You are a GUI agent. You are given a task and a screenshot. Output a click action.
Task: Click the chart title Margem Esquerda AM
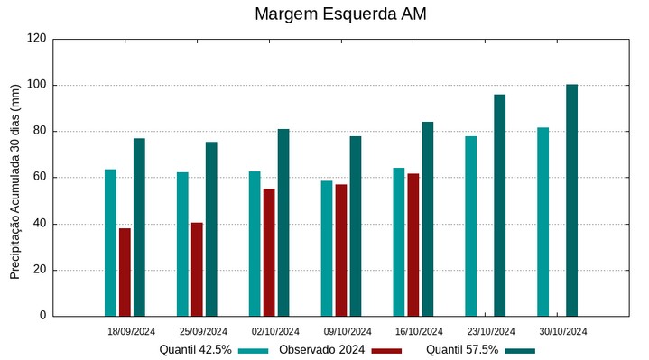pyautogui.click(x=340, y=14)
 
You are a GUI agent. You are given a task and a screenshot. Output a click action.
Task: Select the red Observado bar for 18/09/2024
pyautogui.click(x=125, y=272)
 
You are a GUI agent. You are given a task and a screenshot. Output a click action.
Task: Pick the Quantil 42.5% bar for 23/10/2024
pyautogui.click(x=470, y=226)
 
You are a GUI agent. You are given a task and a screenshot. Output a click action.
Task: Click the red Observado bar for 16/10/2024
pyautogui.click(x=413, y=245)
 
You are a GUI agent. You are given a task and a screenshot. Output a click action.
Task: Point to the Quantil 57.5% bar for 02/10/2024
pyautogui.click(x=283, y=222)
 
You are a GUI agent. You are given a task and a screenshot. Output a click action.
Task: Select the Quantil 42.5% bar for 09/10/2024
pyautogui.click(x=327, y=248)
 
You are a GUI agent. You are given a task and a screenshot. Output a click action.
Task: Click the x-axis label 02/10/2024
pyautogui.click(x=275, y=331)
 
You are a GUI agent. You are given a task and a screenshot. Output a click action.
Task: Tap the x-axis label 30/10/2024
pyautogui.click(x=563, y=331)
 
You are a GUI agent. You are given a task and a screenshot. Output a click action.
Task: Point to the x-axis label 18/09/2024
pyautogui.click(x=131, y=331)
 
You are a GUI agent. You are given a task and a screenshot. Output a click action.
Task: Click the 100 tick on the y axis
pyautogui.click(x=37, y=85)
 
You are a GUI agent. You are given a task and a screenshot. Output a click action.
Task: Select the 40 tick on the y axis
pyautogui.click(x=41, y=224)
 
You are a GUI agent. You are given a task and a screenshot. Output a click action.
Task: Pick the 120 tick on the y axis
pyautogui.click(x=37, y=39)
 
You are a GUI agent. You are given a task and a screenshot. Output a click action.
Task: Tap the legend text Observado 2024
pyautogui.click(x=321, y=349)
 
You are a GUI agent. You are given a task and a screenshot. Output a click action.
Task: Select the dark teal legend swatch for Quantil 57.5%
pyautogui.click(x=520, y=350)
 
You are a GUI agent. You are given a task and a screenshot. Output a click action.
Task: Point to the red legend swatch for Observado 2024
pyautogui.click(x=386, y=350)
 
